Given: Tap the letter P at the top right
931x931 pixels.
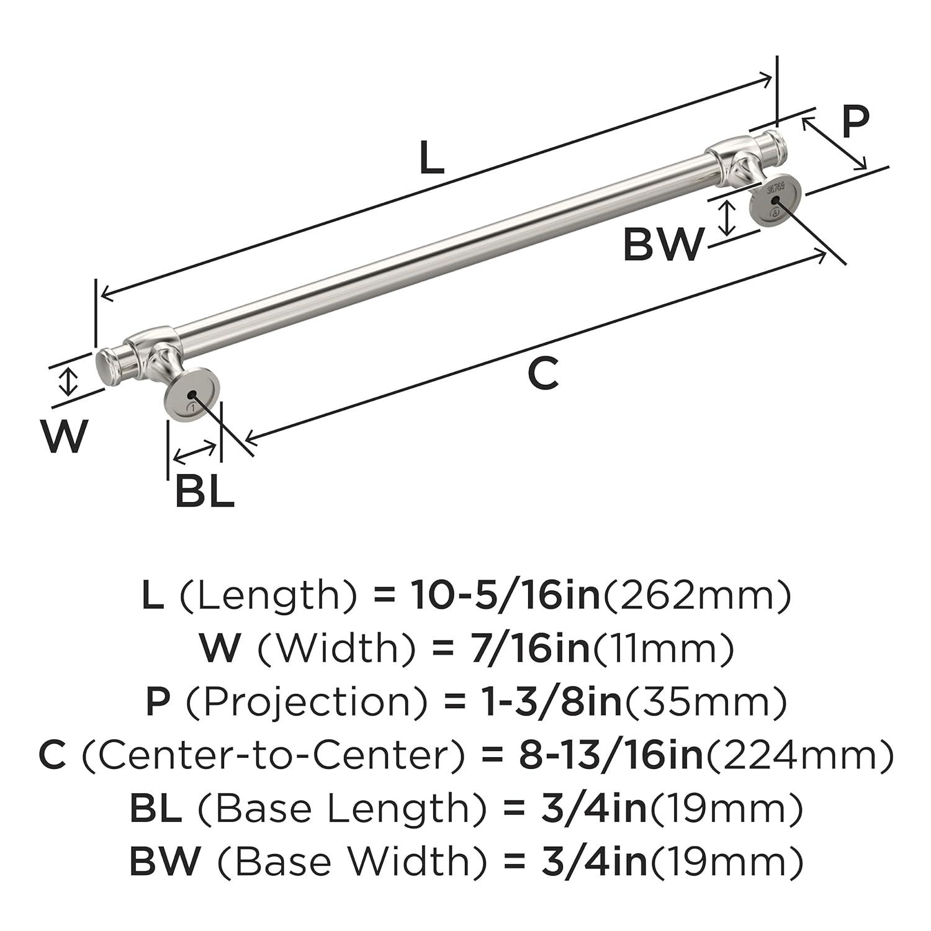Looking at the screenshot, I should pos(855,122).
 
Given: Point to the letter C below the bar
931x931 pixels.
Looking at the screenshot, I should pos(543,374).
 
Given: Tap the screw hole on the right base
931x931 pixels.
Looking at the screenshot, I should pos(774,198).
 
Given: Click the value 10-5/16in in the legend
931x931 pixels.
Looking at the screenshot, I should pos(505,596).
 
